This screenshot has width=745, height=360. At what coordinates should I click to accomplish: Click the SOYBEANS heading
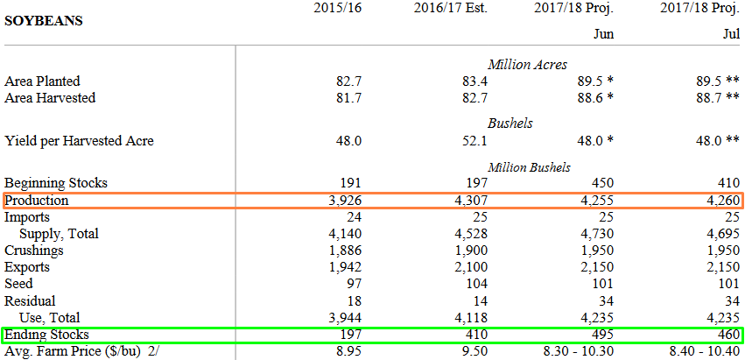(x=44, y=19)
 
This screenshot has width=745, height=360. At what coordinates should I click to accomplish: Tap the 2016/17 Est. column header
(x=450, y=9)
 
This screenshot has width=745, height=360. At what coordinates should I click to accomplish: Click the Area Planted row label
(x=42, y=81)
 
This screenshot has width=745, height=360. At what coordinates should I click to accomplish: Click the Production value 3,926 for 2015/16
(x=344, y=201)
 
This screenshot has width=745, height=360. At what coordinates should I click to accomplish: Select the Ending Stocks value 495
(x=601, y=335)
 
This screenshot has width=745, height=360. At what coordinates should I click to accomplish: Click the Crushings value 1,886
(x=344, y=251)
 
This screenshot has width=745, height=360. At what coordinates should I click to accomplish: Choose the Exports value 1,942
(x=344, y=267)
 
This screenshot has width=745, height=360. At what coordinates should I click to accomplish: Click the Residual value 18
(x=354, y=300)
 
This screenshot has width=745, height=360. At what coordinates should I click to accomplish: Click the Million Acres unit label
(x=527, y=64)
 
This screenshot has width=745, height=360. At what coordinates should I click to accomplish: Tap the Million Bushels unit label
(x=529, y=166)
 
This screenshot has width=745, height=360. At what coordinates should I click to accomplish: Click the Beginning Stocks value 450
(x=601, y=183)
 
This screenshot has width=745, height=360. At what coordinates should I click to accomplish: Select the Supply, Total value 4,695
(x=723, y=234)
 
